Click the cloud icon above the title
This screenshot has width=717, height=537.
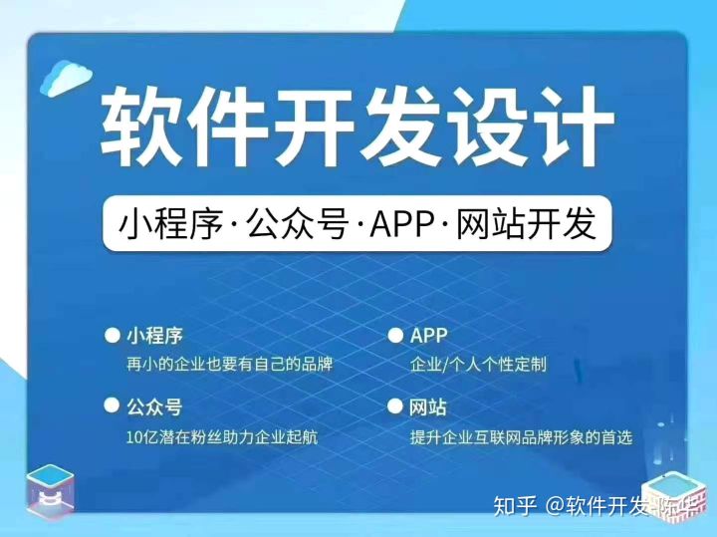click(66, 78)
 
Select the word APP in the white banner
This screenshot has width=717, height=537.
click(402, 224)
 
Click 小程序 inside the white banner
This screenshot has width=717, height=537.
click(170, 224)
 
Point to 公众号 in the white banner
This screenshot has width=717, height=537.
click(298, 224)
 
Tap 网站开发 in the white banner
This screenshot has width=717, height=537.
click(527, 224)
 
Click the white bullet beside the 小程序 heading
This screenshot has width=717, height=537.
click(112, 336)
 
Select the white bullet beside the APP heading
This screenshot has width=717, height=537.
click(395, 336)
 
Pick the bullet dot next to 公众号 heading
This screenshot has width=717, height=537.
click(112, 404)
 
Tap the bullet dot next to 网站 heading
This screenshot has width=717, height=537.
click(394, 405)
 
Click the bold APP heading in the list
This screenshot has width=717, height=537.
click(428, 336)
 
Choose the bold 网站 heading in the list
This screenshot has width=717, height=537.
click(427, 406)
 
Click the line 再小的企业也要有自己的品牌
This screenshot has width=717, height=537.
click(230, 364)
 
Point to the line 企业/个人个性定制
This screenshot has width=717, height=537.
click(478, 365)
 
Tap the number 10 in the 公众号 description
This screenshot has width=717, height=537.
click(134, 437)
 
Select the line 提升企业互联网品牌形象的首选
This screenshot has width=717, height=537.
click(521, 437)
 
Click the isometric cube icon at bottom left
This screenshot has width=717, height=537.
click(50, 491)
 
